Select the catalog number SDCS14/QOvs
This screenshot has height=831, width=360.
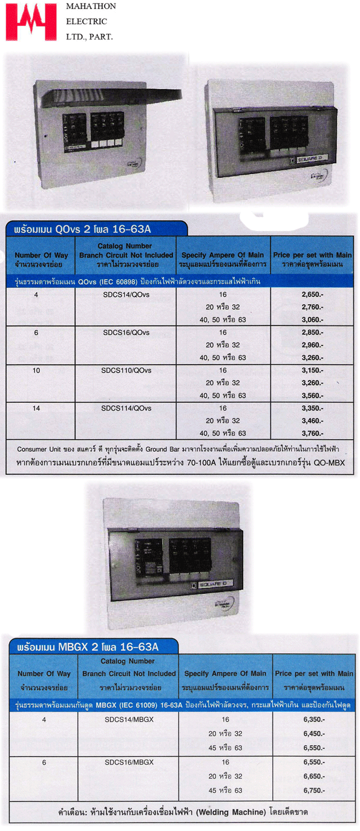point(126,295)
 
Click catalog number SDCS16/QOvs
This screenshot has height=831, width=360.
point(126,333)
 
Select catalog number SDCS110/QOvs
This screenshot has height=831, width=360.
point(126,371)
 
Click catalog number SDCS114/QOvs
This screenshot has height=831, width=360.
point(126,409)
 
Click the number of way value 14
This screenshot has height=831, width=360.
point(36,409)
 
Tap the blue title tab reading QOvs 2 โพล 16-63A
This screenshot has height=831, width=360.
point(97,229)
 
